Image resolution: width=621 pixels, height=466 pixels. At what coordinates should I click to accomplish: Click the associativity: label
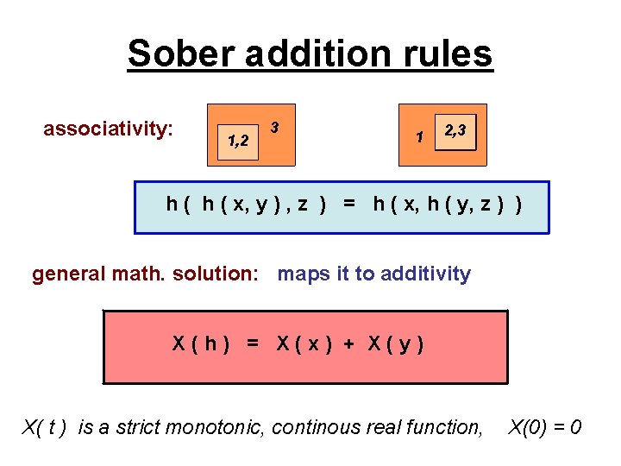point(109,129)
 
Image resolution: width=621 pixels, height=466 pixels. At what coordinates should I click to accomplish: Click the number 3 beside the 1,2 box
point(274,128)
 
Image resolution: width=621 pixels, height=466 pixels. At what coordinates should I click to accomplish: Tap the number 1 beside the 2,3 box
point(418,136)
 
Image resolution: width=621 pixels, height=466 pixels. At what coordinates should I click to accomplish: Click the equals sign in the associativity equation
point(348,204)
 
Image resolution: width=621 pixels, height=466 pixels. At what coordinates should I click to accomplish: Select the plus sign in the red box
point(348,343)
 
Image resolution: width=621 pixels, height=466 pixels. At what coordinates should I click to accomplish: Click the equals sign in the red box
point(252,343)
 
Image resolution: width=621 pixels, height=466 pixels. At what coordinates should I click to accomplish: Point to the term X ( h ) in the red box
point(200,343)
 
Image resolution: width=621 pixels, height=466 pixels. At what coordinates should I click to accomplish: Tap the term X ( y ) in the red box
point(395,343)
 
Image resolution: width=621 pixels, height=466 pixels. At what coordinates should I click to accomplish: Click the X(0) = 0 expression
point(545,426)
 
